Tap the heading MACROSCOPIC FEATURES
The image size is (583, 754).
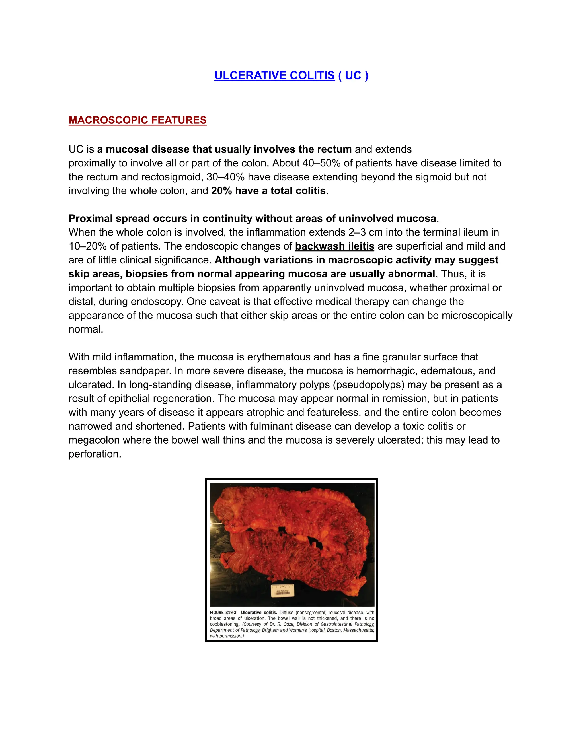click(x=137, y=120)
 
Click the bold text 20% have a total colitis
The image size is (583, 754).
click(x=268, y=191)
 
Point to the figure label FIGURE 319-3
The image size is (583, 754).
click(x=223, y=613)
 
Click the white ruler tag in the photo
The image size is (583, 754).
click(x=282, y=590)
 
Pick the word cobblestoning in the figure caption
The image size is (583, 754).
click(x=225, y=624)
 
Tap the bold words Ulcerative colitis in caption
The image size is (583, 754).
click(x=259, y=613)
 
